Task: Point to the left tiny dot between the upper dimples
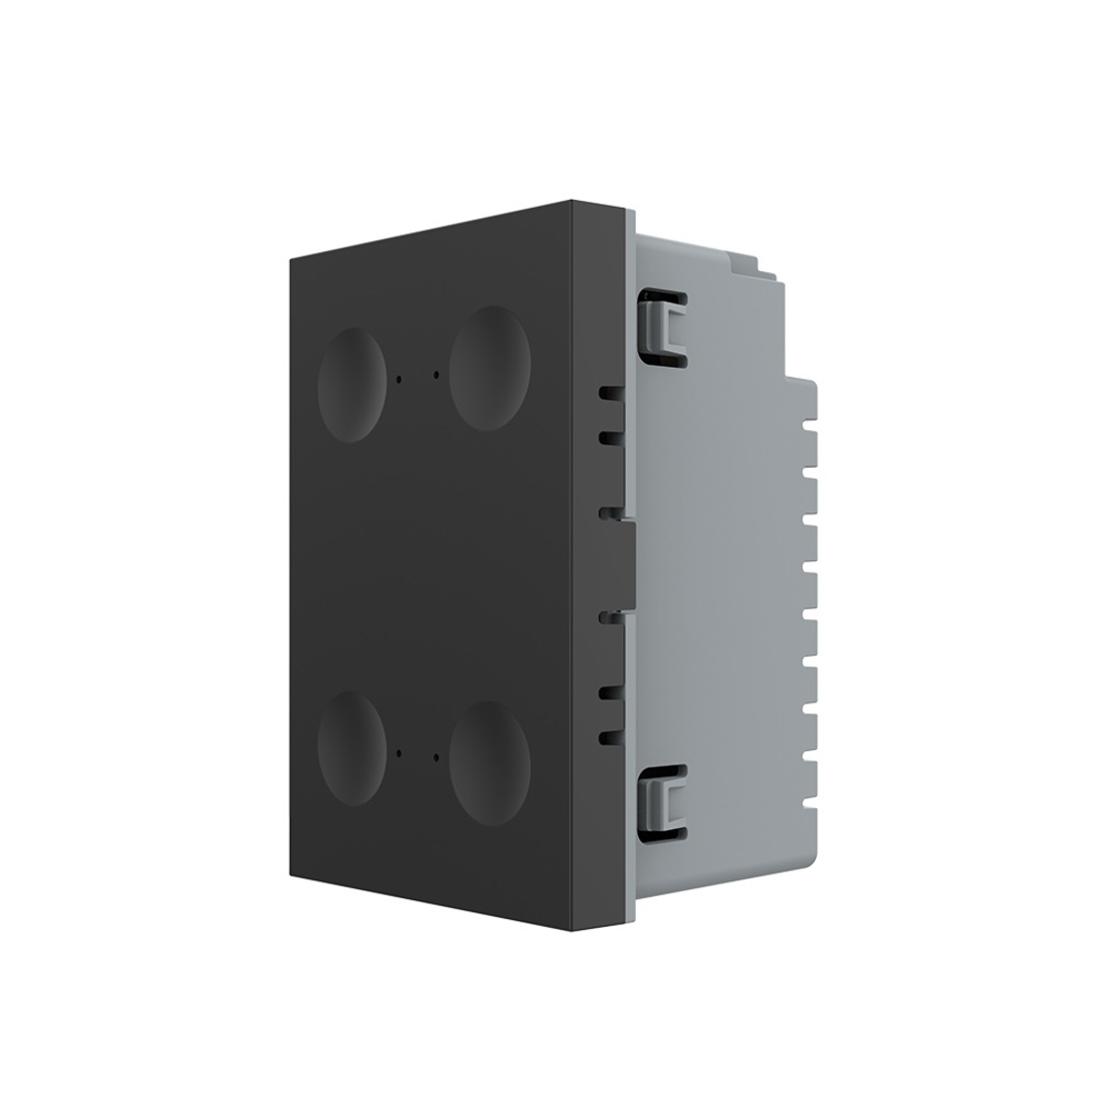(399, 379)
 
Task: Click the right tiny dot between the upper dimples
(436, 375)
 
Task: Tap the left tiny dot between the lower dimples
(399, 753)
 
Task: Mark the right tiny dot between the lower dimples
(436, 758)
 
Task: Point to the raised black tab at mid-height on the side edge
(628, 564)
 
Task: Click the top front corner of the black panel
(573, 201)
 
